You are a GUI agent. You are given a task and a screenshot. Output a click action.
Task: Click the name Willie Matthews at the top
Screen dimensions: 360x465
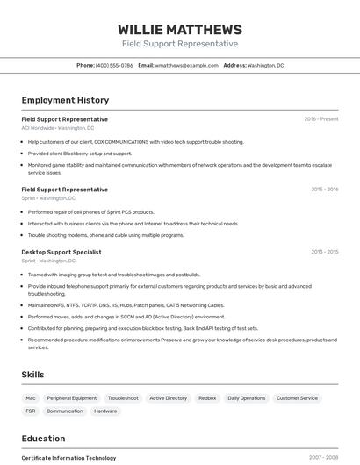[179, 29]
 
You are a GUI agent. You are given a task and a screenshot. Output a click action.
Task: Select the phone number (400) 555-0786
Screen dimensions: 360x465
[114, 65]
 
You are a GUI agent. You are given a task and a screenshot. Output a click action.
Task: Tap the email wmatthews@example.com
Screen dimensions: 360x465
[186, 65]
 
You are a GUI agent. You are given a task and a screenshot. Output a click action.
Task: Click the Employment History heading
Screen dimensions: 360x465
[65, 100]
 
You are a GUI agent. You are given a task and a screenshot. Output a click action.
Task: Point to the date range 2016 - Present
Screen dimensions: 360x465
[320, 119]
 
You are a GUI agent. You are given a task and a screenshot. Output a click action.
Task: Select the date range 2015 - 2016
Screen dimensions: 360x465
[324, 190]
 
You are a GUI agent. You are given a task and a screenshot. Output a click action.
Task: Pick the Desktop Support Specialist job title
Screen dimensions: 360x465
[61, 252]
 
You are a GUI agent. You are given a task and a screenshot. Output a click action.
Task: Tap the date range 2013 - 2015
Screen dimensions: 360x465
[324, 252]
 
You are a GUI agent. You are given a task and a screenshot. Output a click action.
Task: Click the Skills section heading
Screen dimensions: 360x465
[32, 375]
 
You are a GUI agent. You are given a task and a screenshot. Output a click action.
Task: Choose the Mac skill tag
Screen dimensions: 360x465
[31, 398]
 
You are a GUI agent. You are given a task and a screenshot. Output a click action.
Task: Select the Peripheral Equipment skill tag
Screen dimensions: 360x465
[72, 398]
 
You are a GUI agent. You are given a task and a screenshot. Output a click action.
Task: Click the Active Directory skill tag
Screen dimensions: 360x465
[168, 398]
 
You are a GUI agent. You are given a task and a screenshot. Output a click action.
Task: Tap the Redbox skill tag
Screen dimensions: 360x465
[207, 398]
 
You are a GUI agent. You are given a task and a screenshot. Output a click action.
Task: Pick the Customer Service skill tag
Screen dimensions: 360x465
[297, 398]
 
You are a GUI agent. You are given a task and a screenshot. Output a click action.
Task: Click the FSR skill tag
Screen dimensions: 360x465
[31, 411]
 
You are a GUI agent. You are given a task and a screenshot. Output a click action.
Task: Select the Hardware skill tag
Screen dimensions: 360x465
[105, 411]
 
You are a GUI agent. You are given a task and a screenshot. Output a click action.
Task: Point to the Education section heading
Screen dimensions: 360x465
[43, 439]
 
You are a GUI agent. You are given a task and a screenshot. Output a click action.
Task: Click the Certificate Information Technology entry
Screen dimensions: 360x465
[68, 458]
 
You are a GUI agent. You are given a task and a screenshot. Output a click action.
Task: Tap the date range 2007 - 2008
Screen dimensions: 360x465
[323, 458]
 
